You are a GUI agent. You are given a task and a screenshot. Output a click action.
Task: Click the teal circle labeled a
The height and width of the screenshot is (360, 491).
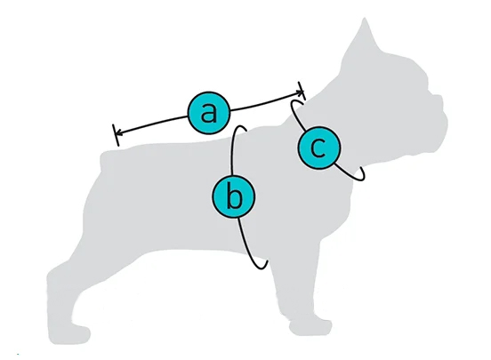[x=209, y=113]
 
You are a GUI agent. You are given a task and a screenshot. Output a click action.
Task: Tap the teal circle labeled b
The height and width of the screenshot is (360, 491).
[x=234, y=196]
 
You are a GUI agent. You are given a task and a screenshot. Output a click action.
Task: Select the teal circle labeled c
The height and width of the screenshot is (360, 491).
[x=318, y=148]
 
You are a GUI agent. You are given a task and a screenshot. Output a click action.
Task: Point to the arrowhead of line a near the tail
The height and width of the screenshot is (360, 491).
[x=117, y=133]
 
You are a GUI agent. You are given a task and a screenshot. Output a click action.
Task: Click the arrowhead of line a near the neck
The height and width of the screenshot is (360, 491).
[x=301, y=92]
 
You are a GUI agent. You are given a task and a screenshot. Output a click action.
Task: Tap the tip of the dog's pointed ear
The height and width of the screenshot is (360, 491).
[x=364, y=19]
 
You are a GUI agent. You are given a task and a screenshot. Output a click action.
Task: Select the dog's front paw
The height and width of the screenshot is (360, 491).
[x=310, y=326]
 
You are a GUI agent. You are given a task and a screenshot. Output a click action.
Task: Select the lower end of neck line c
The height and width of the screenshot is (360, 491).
[x=363, y=173]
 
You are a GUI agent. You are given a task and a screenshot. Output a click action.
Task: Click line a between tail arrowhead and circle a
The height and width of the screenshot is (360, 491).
[x=151, y=124]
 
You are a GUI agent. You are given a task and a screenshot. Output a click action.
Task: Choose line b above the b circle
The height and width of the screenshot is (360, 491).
[x=232, y=150]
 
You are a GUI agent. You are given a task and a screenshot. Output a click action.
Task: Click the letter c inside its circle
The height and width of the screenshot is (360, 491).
[x=318, y=148]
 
